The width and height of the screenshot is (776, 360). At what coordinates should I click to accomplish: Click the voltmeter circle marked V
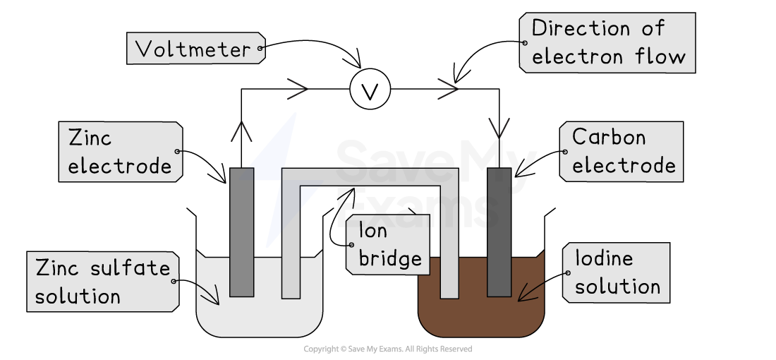tap(370, 90)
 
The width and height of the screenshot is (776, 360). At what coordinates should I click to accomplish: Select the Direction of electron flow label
tap(607, 42)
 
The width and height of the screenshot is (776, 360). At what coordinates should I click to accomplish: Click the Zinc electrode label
tap(120, 152)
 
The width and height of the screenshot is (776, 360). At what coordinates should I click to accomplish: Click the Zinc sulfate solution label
tap(103, 282)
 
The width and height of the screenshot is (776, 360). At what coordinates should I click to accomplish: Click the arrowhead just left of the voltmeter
tap(298, 90)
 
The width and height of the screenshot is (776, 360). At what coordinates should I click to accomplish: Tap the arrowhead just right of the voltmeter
tap(448, 90)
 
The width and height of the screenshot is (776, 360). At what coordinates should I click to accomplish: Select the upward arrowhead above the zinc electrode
tap(241, 132)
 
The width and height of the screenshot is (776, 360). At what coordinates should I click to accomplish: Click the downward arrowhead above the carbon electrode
tap(499, 128)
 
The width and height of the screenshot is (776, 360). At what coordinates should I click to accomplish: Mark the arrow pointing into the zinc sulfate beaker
tap(210, 295)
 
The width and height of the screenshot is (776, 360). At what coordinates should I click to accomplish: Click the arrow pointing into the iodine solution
tap(531, 291)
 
